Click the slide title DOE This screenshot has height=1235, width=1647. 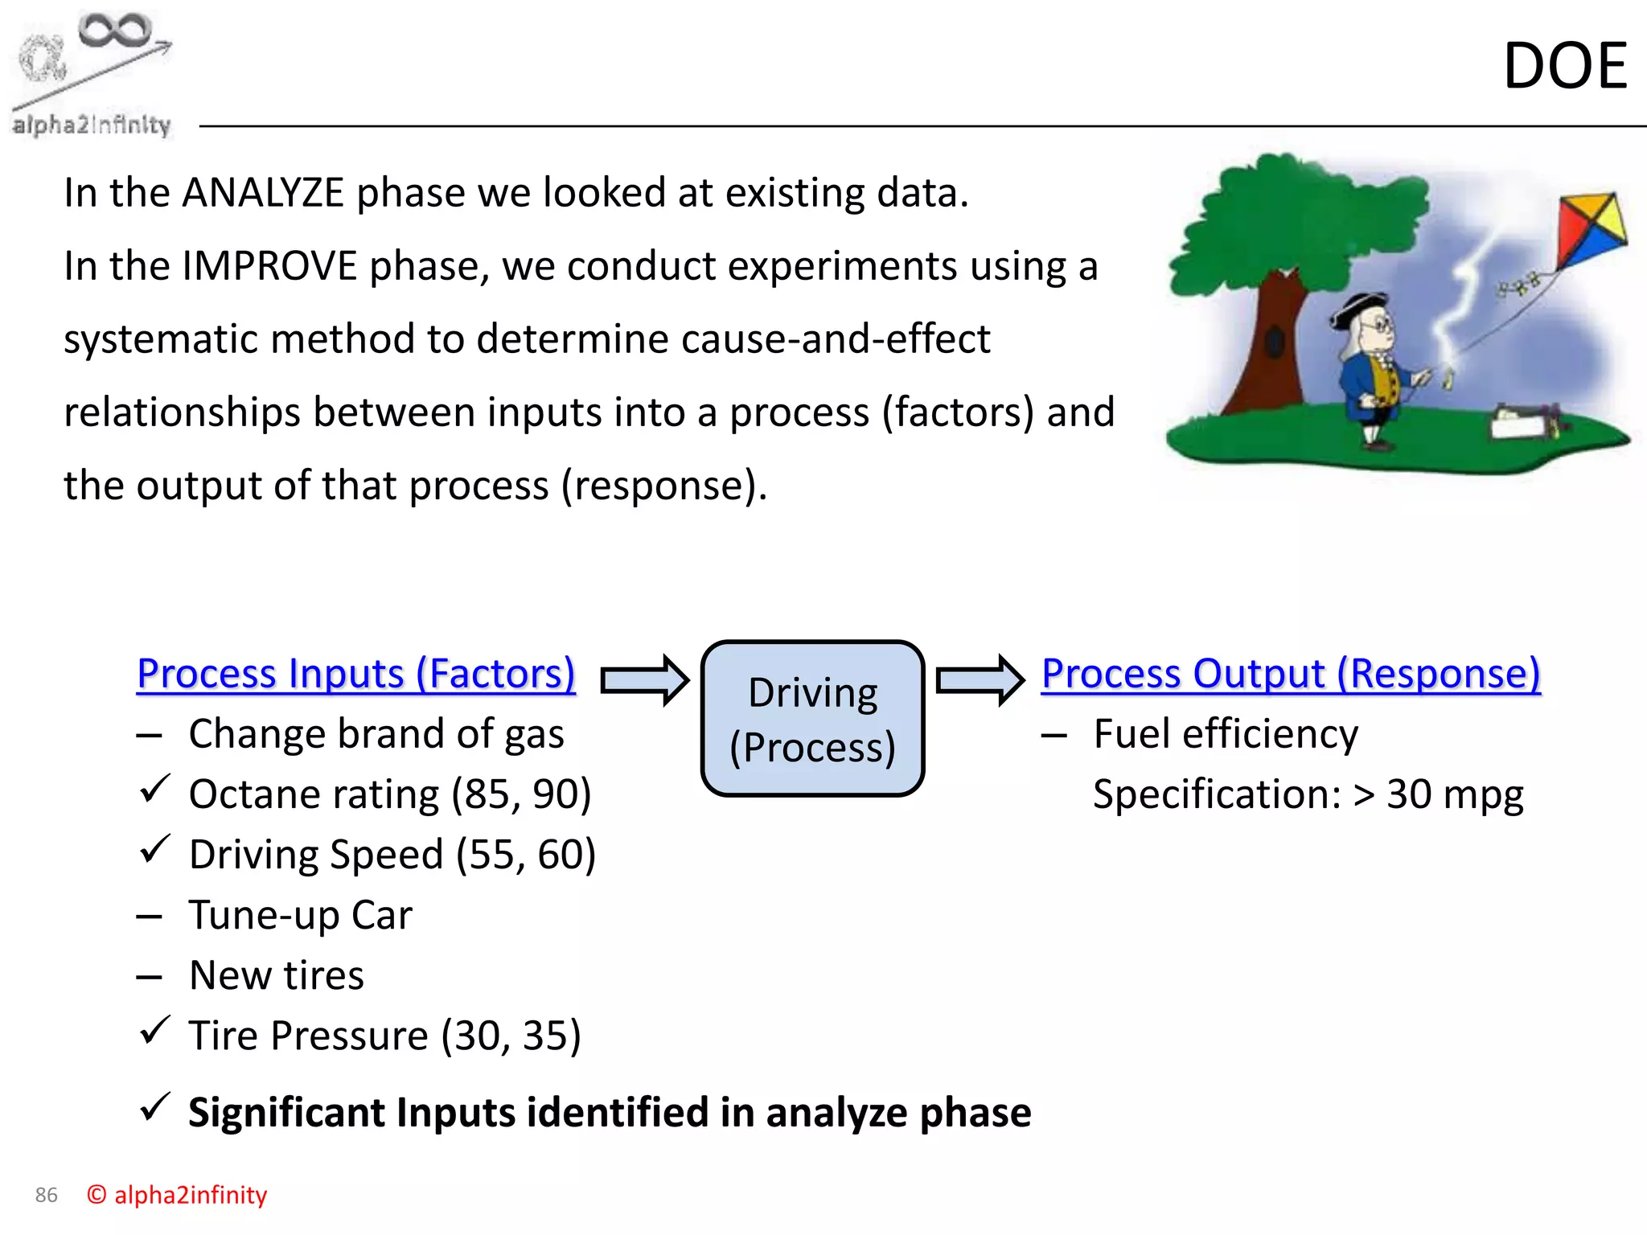click(1564, 66)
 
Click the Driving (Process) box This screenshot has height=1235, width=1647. click(812, 719)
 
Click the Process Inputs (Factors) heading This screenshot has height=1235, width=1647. click(356, 674)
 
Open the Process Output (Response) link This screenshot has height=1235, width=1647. click(1291, 674)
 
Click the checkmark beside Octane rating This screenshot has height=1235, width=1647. click(154, 789)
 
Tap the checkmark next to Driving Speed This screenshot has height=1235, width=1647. click(154, 849)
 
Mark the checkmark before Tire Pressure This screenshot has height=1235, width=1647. click(154, 1030)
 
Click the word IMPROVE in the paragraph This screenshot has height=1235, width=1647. click(269, 266)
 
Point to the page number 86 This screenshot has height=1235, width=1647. click(47, 1196)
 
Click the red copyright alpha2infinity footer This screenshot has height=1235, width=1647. click(177, 1196)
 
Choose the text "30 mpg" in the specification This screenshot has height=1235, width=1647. click(1454, 794)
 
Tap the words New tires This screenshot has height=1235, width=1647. click(277, 975)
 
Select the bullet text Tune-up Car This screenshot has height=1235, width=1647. click(300, 915)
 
